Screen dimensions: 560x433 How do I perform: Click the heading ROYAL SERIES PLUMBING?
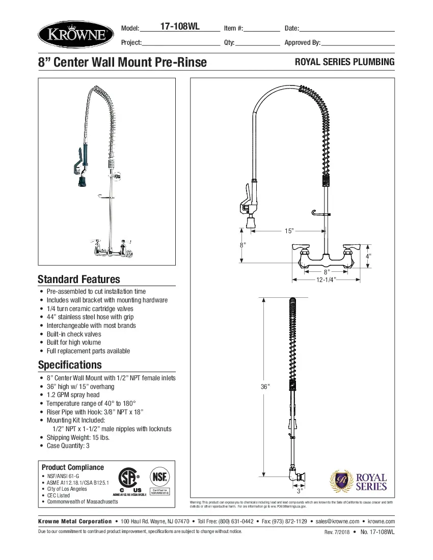coord(345,62)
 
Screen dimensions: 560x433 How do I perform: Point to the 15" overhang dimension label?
coord(289,231)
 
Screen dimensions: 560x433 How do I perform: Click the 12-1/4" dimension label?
coord(325,280)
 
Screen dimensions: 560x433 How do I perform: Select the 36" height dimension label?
coord(264,386)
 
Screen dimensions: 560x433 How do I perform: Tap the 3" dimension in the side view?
coord(300,491)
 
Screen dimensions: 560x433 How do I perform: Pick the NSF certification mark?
coord(159,479)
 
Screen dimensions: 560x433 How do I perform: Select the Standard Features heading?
coord(79,279)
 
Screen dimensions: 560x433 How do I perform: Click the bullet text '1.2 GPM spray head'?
coord(73,395)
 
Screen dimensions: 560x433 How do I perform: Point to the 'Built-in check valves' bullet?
coord(74,334)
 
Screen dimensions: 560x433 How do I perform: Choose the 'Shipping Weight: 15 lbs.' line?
coord(78,437)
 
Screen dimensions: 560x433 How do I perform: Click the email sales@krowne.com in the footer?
coord(337,521)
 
